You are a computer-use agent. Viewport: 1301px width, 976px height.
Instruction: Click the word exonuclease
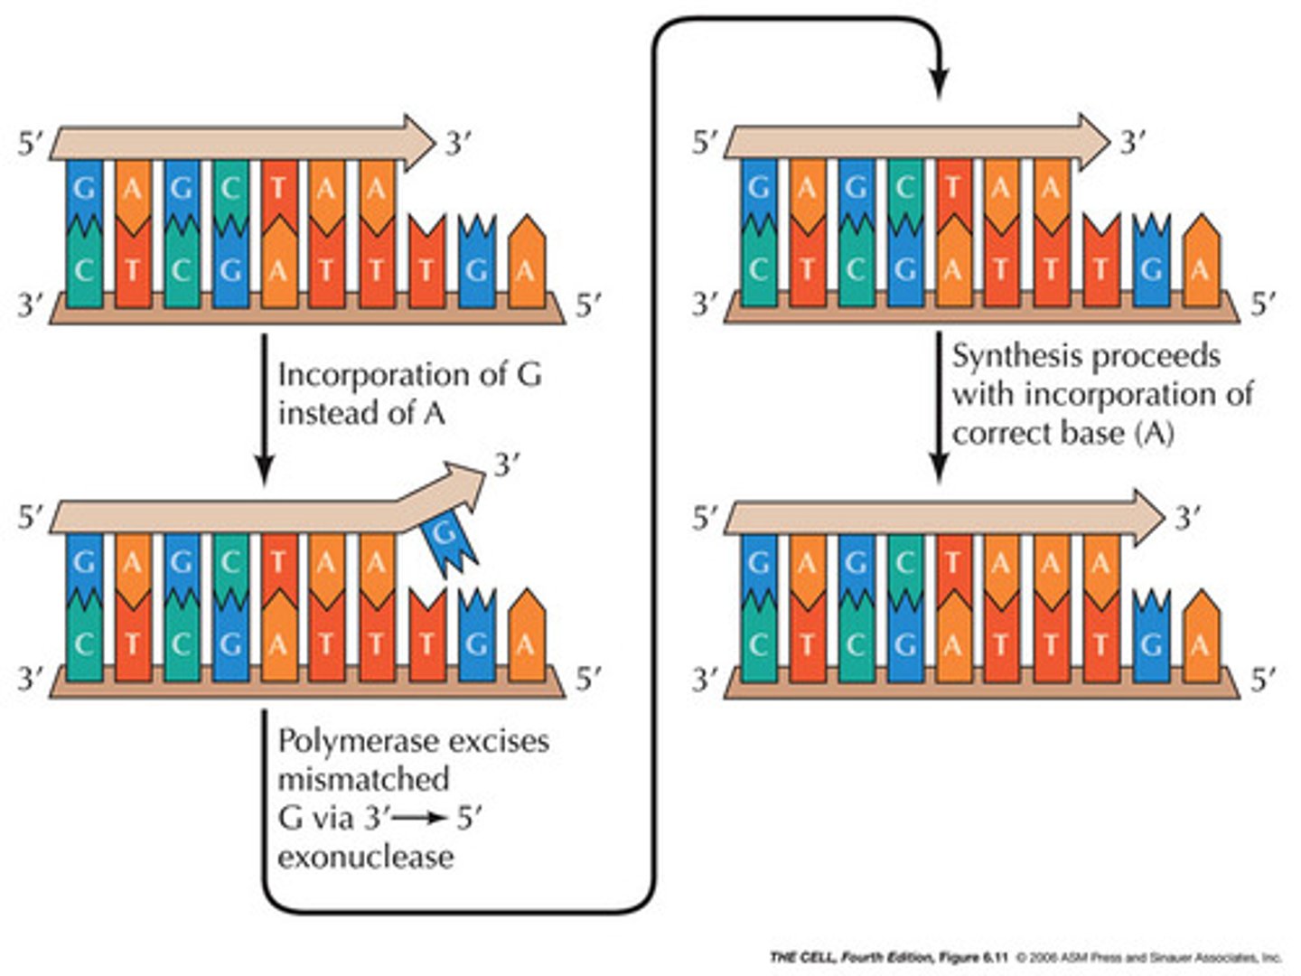(365, 856)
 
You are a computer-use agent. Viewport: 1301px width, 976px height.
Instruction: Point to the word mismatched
(363, 779)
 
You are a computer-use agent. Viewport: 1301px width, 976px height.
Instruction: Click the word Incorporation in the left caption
(379, 374)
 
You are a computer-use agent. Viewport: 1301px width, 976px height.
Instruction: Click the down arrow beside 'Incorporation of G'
(264, 407)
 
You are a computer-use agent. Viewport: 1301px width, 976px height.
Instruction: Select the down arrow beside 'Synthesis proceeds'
(939, 407)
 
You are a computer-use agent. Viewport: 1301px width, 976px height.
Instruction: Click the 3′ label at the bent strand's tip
(507, 465)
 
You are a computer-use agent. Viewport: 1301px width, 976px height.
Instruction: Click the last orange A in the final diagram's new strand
(1100, 564)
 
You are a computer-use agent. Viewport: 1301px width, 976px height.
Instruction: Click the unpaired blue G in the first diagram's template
(476, 268)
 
